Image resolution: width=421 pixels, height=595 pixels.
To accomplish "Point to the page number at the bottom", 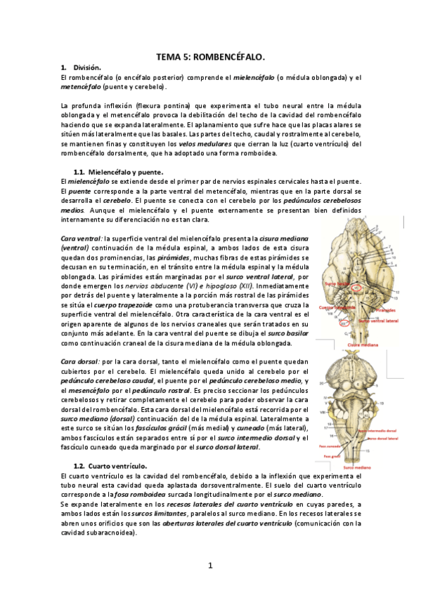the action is (210, 565).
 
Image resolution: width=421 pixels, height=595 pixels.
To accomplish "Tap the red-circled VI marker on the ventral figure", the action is (358, 287).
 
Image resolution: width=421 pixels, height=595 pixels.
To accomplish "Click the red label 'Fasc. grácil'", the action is (329, 455).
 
